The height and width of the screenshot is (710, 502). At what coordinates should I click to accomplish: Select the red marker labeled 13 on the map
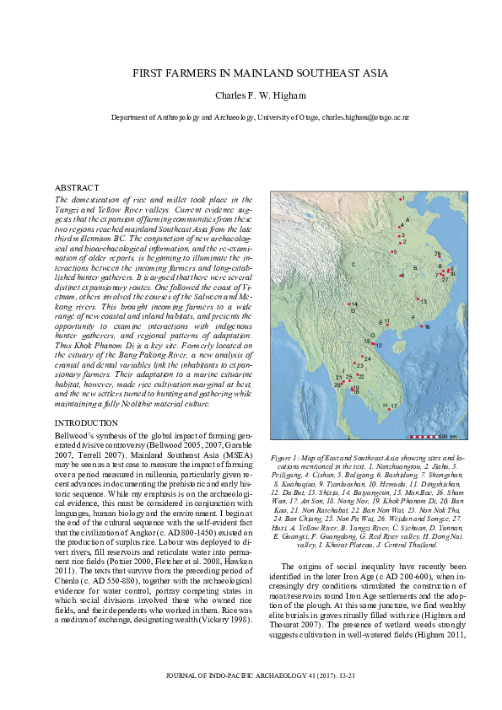417,299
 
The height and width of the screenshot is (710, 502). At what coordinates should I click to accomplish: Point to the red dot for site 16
420,325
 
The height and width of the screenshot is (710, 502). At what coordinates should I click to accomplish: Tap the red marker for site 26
440,257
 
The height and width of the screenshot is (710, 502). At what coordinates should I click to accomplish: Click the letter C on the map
354,265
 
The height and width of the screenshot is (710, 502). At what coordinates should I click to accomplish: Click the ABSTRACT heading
77,187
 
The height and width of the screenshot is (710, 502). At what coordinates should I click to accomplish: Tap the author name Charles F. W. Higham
251,95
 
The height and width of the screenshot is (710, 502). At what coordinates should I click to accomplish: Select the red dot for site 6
400,275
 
